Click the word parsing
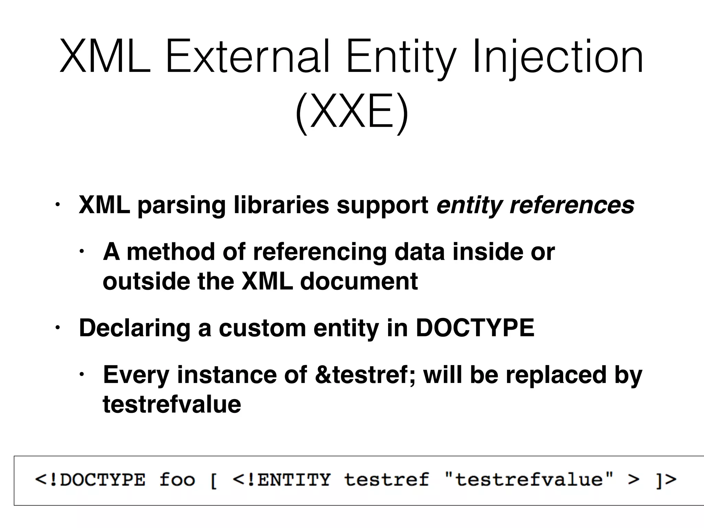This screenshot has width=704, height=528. pos(181,205)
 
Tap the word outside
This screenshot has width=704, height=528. pos(146,281)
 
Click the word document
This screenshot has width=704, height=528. pos(359,281)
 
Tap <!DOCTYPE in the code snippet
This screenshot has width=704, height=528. pos(90,480)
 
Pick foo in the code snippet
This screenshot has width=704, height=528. pos(177,480)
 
